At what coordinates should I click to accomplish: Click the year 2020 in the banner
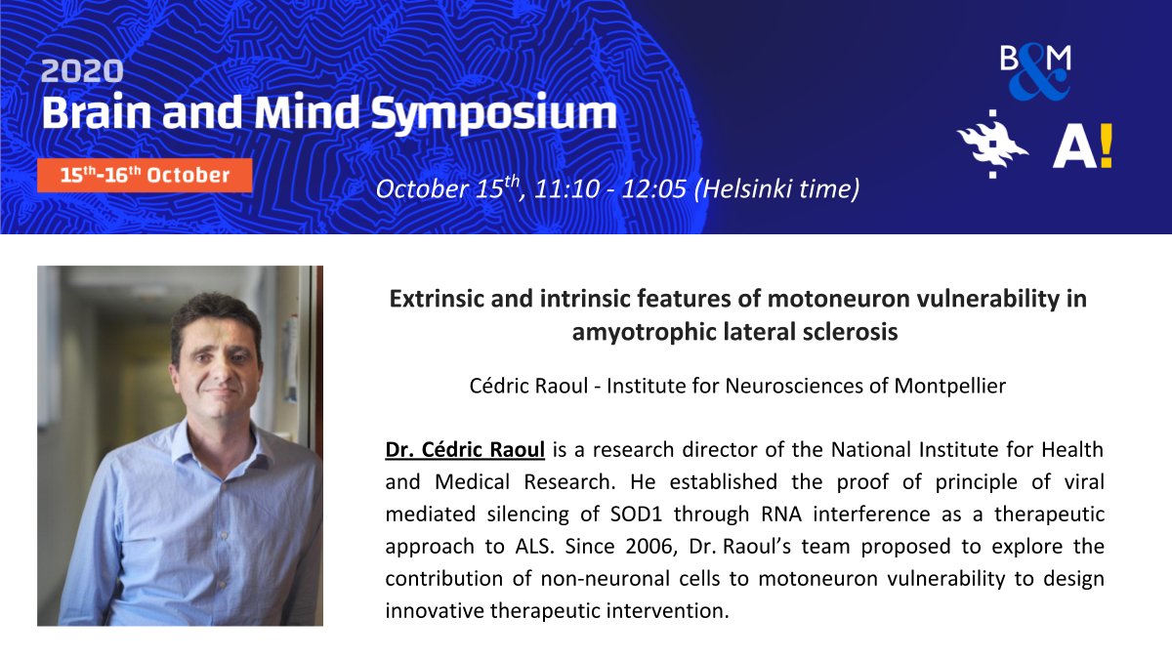tap(82, 72)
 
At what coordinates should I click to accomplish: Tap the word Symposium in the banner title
tap(505, 114)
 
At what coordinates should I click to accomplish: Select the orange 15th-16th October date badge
tap(145, 176)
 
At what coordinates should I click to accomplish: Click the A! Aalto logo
tap(1082, 146)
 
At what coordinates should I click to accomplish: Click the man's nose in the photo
tap(212, 358)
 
